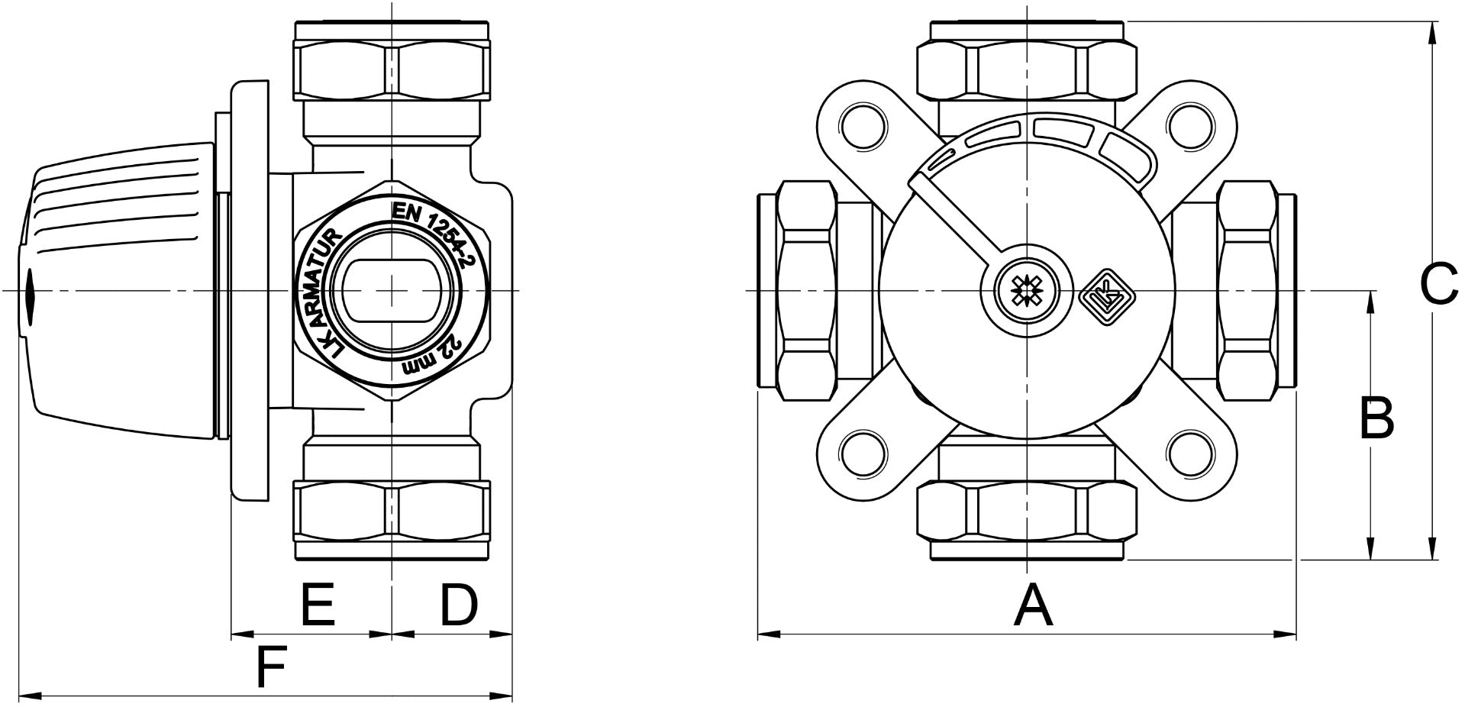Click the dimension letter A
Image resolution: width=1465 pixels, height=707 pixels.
(1034, 605)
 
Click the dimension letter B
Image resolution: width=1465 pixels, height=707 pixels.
(1376, 418)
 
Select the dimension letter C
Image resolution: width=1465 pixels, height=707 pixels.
(1439, 285)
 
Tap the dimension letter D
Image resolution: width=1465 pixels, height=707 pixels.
(458, 605)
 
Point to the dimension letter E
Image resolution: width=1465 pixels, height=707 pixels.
(318, 605)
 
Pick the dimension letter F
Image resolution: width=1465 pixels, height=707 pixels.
(269, 667)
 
